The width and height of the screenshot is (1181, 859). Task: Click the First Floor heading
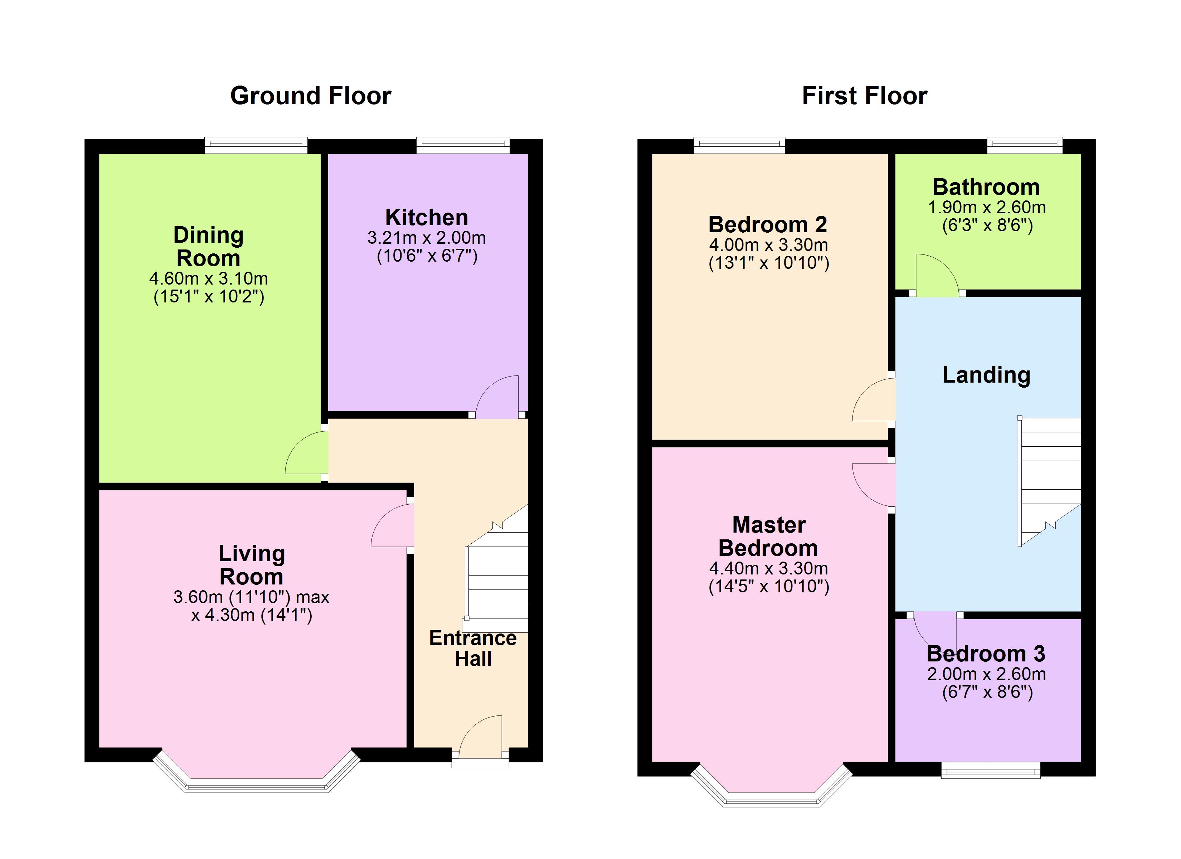[x=864, y=96]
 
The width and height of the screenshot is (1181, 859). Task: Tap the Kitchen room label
[x=427, y=217]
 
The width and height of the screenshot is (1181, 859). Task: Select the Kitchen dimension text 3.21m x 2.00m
[x=427, y=238]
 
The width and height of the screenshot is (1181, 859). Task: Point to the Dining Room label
[x=208, y=246]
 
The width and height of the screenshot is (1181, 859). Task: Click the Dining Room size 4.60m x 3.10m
[x=208, y=278]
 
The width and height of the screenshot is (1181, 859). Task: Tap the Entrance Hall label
[x=473, y=648]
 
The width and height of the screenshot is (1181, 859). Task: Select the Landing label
[x=986, y=375]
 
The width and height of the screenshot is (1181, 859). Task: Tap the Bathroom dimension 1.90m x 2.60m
[x=987, y=207]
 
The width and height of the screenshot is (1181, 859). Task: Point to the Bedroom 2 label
[x=768, y=224]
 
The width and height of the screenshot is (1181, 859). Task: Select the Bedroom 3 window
[x=990, y=770]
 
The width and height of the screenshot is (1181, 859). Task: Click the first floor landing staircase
[x=1049, y=481]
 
